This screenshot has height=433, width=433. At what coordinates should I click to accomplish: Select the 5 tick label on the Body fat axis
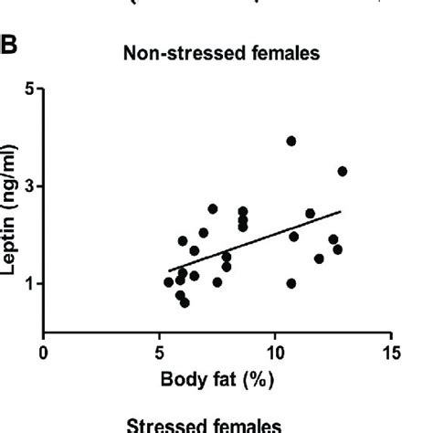pyautogui.click(x=159, y=353)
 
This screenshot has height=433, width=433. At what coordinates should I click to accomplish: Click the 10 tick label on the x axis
pyautogui.click(x=275, y=353)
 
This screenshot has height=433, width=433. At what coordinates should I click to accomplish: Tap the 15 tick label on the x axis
pyautogui.click(x=391, y=353)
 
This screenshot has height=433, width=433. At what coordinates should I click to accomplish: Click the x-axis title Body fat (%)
pyautogui.click(x=216, y=378)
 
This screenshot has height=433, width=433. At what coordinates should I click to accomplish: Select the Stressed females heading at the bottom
pyautogui.click(x=216, y=426)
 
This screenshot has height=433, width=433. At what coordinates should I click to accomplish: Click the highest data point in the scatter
pyautogui.click(x=291, y=141)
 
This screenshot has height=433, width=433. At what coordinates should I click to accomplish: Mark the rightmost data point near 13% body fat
pyautogui.click(x=343, y=171)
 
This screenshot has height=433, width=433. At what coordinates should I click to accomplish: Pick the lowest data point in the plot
pyautogui.click(x=185, y=302)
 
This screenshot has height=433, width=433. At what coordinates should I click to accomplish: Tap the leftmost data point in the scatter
pyautogui.click(x=169, y=282)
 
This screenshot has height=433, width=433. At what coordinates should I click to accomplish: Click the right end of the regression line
pyautogui.click(x=341, y=211)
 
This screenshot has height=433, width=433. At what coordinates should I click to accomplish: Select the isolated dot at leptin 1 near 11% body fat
pyautogui.click(x=291, y=283)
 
